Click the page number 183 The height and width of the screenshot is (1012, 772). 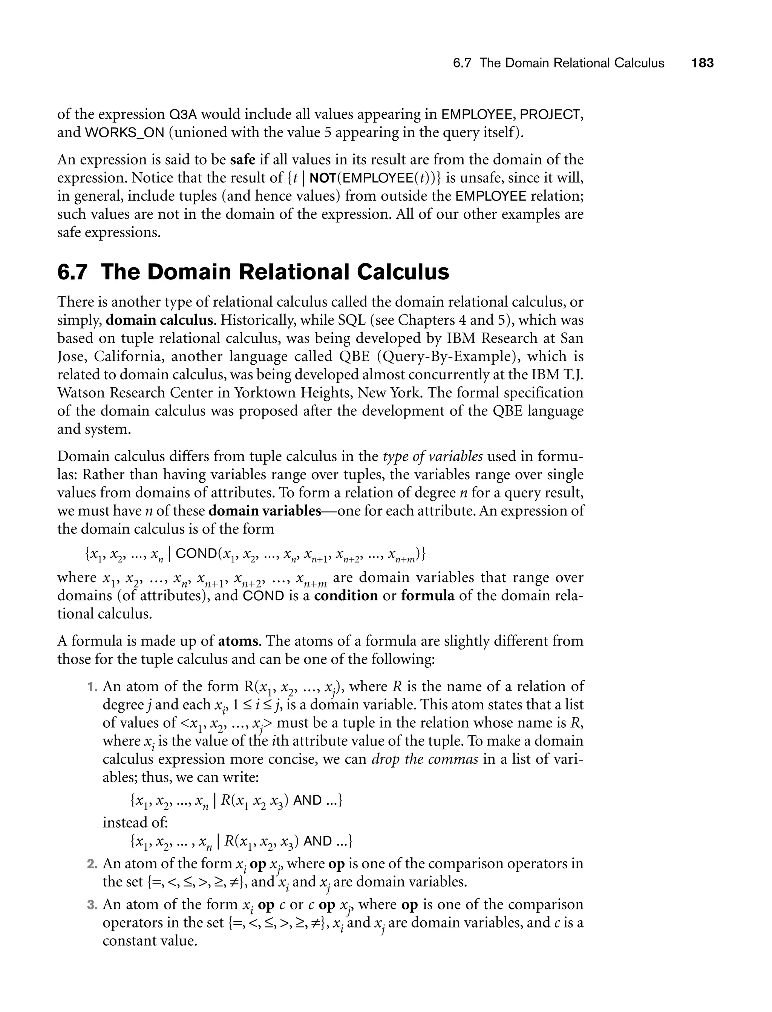point(702,63)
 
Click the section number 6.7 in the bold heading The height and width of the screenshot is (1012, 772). point(72,272)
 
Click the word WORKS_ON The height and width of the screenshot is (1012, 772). point(124,132)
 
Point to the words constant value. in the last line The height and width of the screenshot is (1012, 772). point(150,941)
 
